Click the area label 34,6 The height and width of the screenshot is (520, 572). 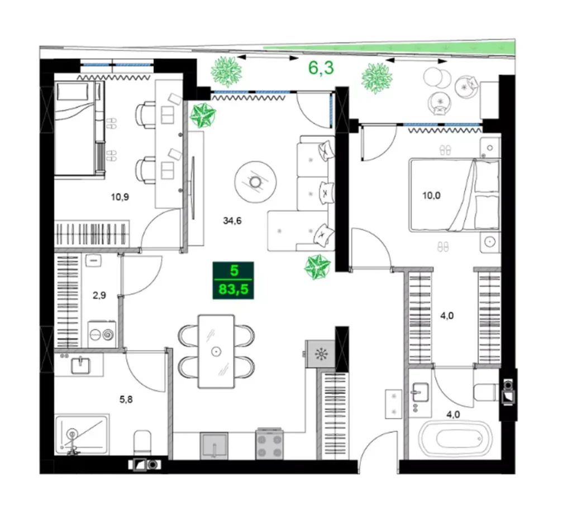[x=232, y=221]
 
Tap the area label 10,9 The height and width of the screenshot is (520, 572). [x=120, y=197]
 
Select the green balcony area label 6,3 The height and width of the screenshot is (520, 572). [x=321, y=68]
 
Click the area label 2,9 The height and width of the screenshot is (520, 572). [x=99, y=296]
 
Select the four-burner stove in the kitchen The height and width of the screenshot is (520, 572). [x=270, y=445]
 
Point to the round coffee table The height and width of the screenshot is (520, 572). [x=256, y=182]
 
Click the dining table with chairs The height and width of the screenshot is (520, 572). [x=216, y=351]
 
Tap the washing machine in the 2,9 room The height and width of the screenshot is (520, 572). [x=101, y=334]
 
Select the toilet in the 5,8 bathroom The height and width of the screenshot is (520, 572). [x=143, y=443]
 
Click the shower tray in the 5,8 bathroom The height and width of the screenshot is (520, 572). [x=83, y=434]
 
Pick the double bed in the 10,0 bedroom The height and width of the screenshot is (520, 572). [x=454, y=195]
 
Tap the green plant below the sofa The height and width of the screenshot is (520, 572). [x=317, y=266]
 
